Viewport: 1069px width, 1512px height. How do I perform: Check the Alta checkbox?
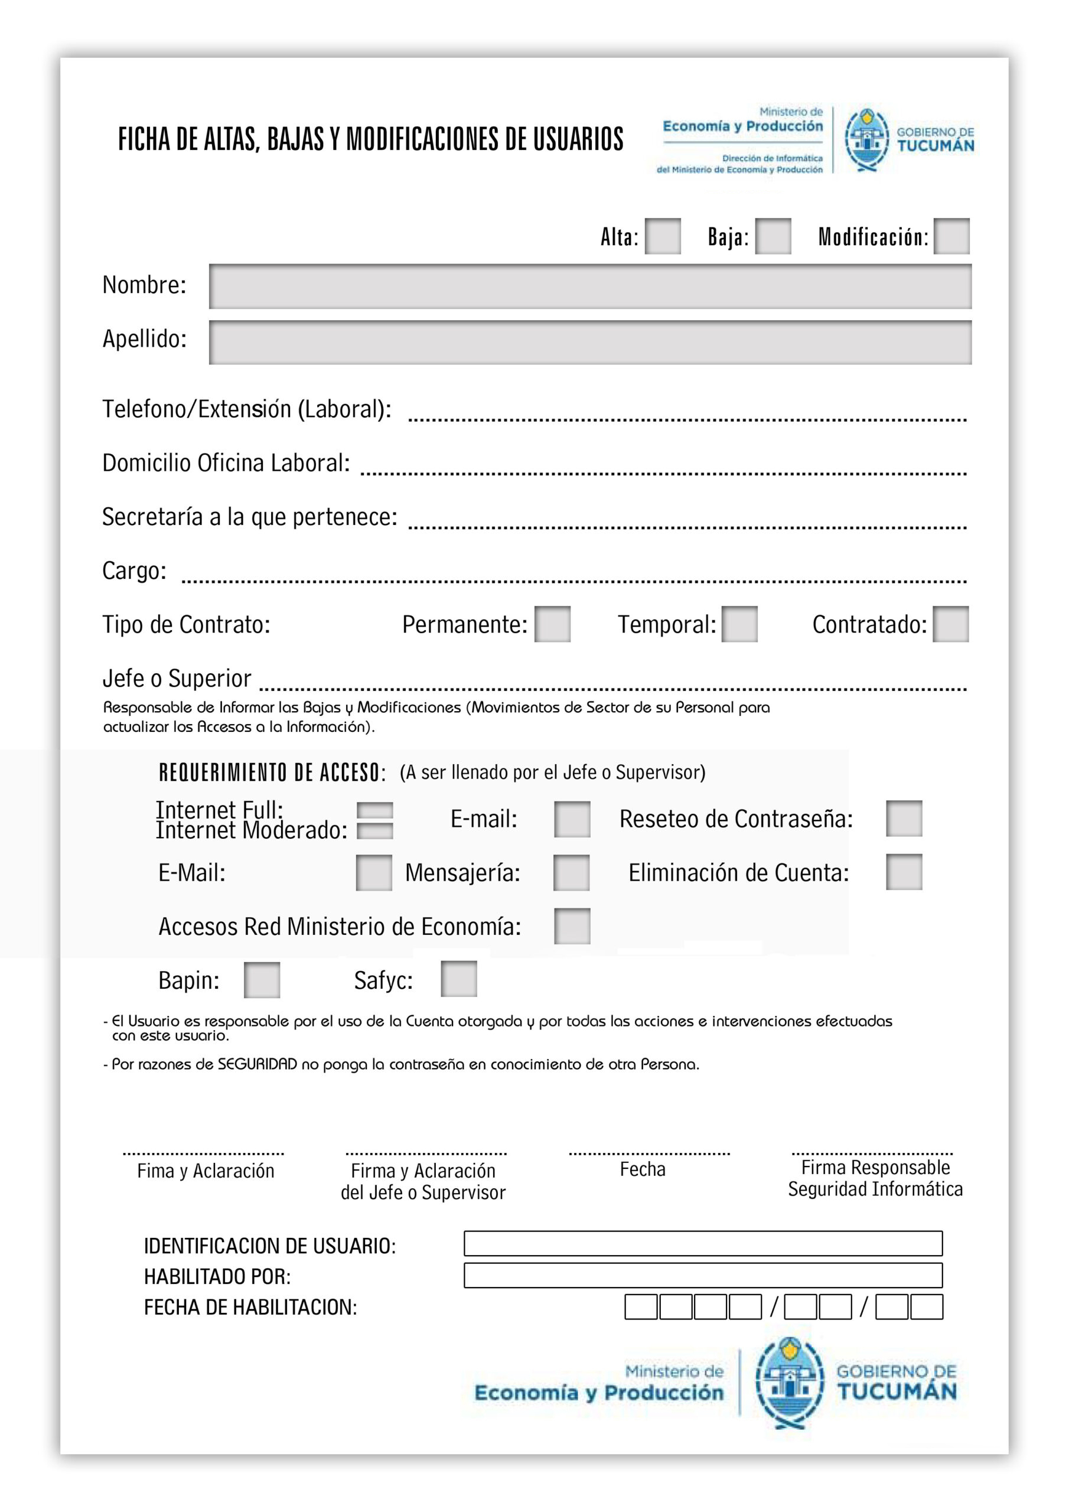662,236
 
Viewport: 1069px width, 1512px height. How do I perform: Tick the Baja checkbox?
773,236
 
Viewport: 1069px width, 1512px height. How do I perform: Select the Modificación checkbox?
951,236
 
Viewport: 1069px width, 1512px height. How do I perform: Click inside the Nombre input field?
589,286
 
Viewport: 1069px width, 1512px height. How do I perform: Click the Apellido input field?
589,343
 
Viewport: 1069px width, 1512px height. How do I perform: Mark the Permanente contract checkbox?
552,624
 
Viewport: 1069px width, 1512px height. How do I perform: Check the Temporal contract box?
739,624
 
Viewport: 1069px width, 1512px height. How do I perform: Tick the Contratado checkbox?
950,624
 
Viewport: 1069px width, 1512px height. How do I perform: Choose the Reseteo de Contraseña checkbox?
904,819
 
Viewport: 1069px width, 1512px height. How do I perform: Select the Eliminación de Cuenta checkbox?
904,872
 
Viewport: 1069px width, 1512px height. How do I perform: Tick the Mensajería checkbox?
571,873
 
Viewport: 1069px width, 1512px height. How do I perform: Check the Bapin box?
262,980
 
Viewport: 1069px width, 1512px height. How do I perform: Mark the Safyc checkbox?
458,979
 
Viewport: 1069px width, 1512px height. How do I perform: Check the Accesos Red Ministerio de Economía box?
572,926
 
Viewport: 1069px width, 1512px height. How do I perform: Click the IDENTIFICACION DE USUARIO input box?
703,1243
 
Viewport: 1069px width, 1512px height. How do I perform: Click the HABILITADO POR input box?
703,1275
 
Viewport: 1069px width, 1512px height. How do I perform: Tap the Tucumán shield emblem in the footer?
789,1384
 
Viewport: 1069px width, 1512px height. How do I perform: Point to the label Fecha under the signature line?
642,1169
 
